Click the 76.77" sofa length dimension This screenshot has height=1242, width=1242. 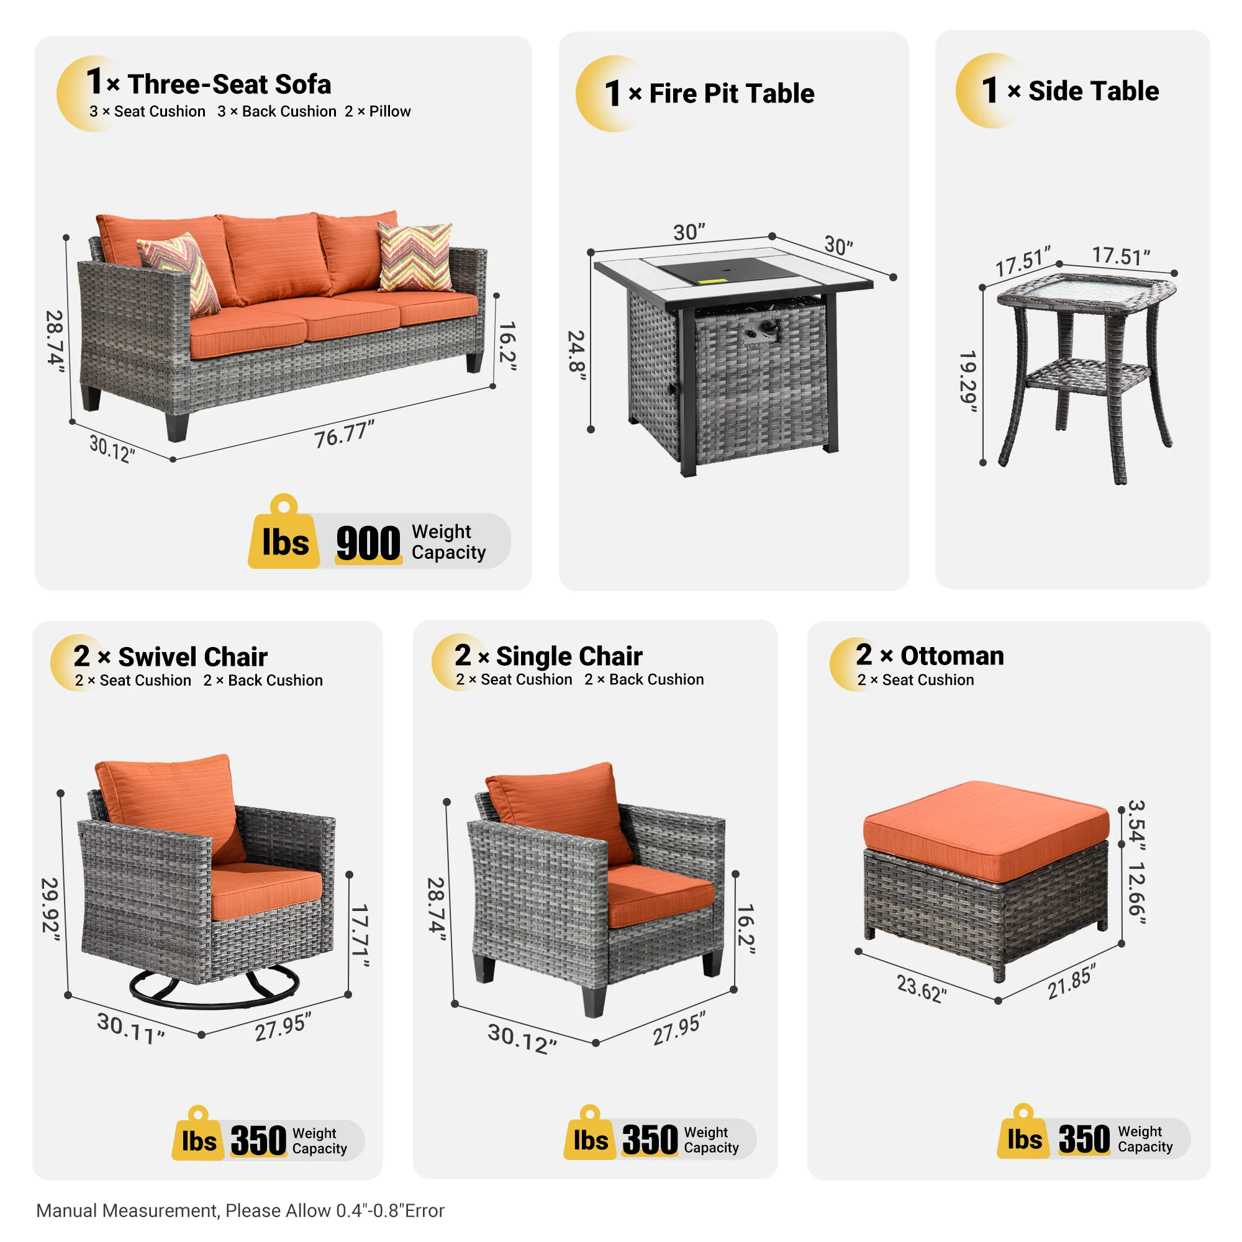pyautogui.click(x=344, y=435)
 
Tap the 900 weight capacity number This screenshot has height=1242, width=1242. pyautogui.click(x=368, y=543)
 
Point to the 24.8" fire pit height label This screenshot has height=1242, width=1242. pyautogui.click(x=576, y=355)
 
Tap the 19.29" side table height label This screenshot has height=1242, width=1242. pyautogui.click(x=968, y=381)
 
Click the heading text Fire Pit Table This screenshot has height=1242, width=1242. pyautogui.click(x=732, y=94)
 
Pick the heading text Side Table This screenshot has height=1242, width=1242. pyautogui.click(x=1094, y=91)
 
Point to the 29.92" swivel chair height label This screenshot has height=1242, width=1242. pyautogui.click(x=50, y=909)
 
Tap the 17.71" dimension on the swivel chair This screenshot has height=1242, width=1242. pyautogui.click(x=361, y=935)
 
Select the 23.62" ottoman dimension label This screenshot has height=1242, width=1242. pyautogui.click(x=921, y=988)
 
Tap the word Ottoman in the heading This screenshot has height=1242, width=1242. pyautogui.click(x=952, y=656)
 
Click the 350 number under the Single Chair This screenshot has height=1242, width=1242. pyautogui.click(x=650, y=1140)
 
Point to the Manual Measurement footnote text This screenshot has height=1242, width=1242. pyautogui.click(x=240, y=1210)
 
